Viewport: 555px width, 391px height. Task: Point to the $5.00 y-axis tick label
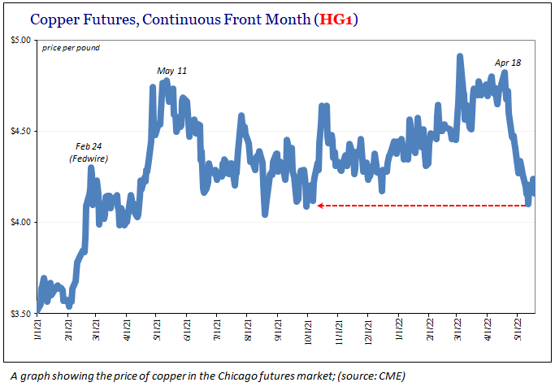(20, 40)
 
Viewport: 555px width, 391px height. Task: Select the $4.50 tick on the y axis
(20, 131)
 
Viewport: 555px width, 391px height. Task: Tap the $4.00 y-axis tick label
(20, 222)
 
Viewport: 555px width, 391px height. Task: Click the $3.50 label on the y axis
(20, 313)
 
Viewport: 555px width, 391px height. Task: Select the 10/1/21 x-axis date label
(308, 334)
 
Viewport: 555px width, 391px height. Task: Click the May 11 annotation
(171, 72)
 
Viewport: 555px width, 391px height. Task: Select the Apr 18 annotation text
(509, 63)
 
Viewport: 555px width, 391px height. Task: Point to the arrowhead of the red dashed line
(320, 206)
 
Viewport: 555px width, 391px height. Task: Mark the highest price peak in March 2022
(460, 57)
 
